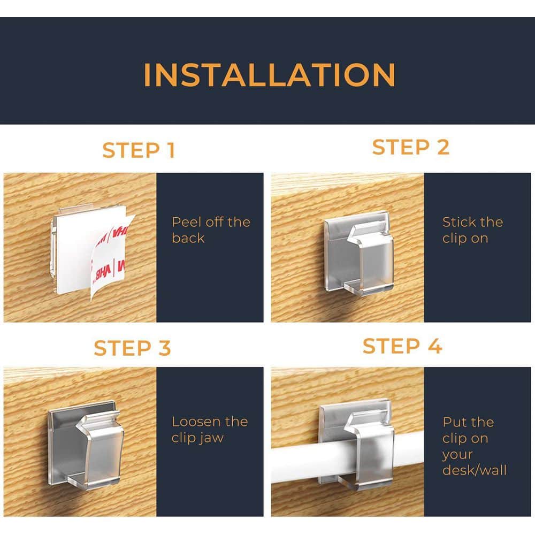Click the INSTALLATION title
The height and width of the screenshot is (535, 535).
pyautogui.click(x=270, y=75)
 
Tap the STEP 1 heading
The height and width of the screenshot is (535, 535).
pyautogui.click(x=139, y=150)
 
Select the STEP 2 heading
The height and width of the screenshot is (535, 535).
pyautogui.click(x=410, y=147)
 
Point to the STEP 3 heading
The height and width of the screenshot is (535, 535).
pyautogui.click(x=132, y=348)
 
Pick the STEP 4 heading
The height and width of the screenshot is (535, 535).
pyautogui.click(x=402, y=346)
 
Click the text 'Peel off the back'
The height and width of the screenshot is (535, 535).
pyautogui.click(x=211, y=230)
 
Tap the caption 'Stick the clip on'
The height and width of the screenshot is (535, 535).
pyautogui.click(x=472, y=230)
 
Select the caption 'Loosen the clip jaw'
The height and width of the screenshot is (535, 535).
pyautogui.click(x=210, y=430)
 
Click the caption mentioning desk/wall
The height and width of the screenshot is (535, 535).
pyautogui.click(x=474, y=446)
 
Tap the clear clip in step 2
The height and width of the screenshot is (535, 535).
pyautogui.click(x=358, y=252)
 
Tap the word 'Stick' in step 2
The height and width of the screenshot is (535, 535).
pyautogui.click(x=459, y=222)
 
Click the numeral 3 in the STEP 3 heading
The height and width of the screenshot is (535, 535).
pyautogui.click(x=164, y=348)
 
